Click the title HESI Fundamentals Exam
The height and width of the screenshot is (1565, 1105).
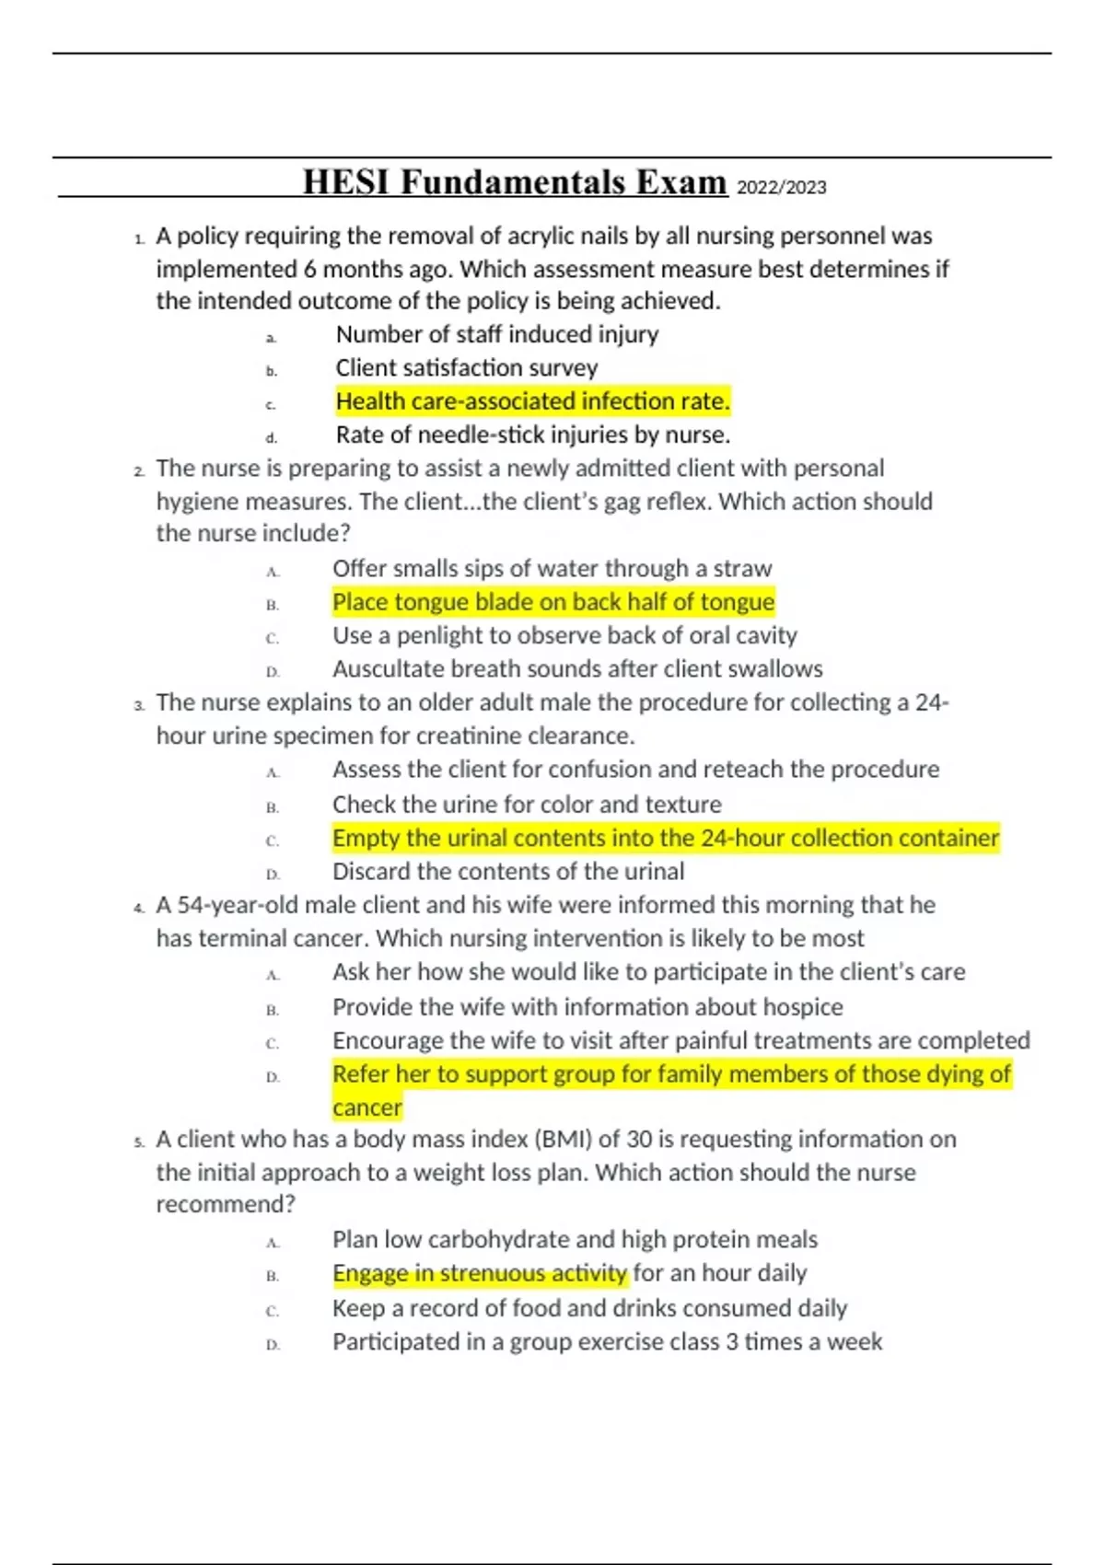(x=515, y=182)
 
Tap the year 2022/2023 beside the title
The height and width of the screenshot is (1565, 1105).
(x=782, y=188)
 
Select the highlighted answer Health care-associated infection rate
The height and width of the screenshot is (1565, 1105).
(x=532, y=401)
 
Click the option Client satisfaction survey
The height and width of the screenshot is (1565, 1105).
(x=466, y=368)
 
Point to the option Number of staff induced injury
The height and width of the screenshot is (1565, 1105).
(x=496, y=334)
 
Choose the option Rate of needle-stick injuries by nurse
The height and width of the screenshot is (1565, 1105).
(x=532, y=435)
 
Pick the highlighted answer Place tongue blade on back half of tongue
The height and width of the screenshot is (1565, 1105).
(x=553, y=602)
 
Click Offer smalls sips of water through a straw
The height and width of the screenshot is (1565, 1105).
(x=552, y=569)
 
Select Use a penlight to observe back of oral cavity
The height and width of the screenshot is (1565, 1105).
(x=564, y=635)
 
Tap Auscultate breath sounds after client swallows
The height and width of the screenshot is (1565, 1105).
(x=577, y=669)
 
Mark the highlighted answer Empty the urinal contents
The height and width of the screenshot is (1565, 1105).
(x=665, y=839)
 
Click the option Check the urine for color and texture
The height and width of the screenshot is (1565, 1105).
(x=527, y=805)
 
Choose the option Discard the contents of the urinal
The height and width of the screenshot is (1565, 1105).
(x=508, y=872)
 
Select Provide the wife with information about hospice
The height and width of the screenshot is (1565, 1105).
(x=587, y=1007)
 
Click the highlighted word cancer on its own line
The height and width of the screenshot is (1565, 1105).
(x=367, y=1107)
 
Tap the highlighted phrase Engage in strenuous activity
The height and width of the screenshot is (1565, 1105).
(x=480, y=1273)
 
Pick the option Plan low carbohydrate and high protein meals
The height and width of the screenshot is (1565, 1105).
(x=575, y=1240)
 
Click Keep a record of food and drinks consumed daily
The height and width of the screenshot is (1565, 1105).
(x=589, y=1308)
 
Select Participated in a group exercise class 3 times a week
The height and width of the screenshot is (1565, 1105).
(x=607, y=1342)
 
